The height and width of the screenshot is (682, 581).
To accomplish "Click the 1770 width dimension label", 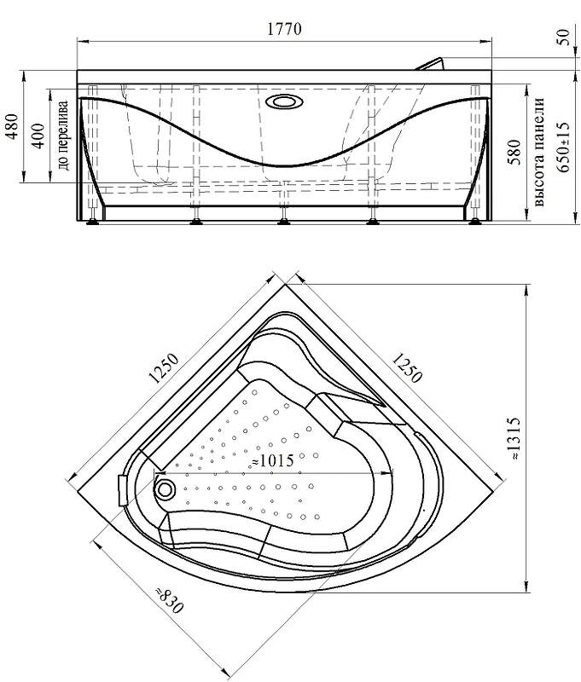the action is coord(284,29).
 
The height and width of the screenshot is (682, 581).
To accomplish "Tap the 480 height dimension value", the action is coord(14,125).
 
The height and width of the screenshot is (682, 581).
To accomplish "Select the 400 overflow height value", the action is coord(38,136).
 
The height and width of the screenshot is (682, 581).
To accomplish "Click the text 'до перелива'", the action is coord(64,136).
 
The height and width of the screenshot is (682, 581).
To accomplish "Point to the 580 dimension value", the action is coord(514,152).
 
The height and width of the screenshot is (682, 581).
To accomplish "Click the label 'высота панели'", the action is coord(539,152).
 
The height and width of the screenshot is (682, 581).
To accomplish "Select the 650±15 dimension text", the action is coord(563,147).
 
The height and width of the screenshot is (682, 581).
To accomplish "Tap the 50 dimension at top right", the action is coord(563,37).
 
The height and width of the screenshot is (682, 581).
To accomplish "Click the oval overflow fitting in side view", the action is coord(285,102).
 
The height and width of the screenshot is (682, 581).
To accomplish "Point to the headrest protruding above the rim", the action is coord(432,63).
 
